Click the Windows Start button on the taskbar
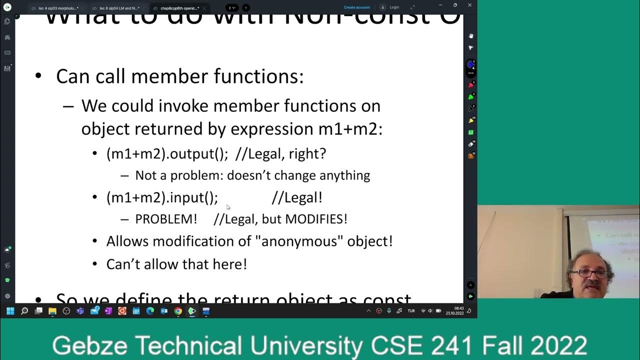[x=10, y=311]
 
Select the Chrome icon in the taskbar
[x=178, y=311]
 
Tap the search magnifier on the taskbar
[x=24, y=311]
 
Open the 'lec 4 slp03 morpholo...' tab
[x=58, y=8]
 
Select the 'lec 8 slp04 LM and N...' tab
[x=119, y=8]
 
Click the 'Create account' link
[x=356, y=7]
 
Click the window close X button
[x=469, y=5]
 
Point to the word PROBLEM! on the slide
[x=166, y=219]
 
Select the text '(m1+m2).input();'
[x=162, y=197]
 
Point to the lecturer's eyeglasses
[x=591, y=273]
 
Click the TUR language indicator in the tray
[x=411, y=311]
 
